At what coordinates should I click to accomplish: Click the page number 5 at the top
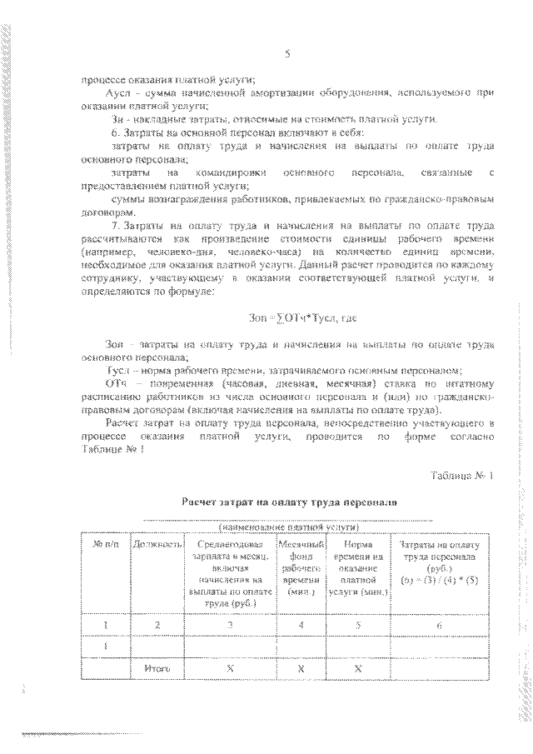click(x=286, y=54)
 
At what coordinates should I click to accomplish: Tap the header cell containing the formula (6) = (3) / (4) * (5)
click(x=439, y=577)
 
